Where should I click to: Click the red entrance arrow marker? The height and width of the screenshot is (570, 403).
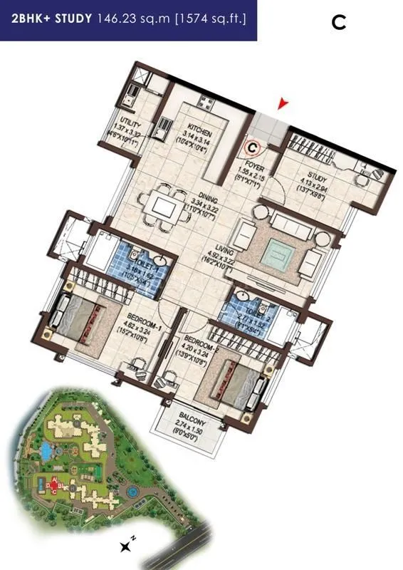pos(285,105)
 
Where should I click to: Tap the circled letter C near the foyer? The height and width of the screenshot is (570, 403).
pos(252,148)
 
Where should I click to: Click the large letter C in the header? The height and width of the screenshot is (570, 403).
pos(339,23)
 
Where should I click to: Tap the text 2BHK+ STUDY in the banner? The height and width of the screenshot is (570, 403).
pos(51,19)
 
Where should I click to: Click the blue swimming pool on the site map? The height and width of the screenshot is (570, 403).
pos(46,451)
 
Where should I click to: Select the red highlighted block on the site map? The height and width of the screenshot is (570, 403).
pos(53,487)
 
